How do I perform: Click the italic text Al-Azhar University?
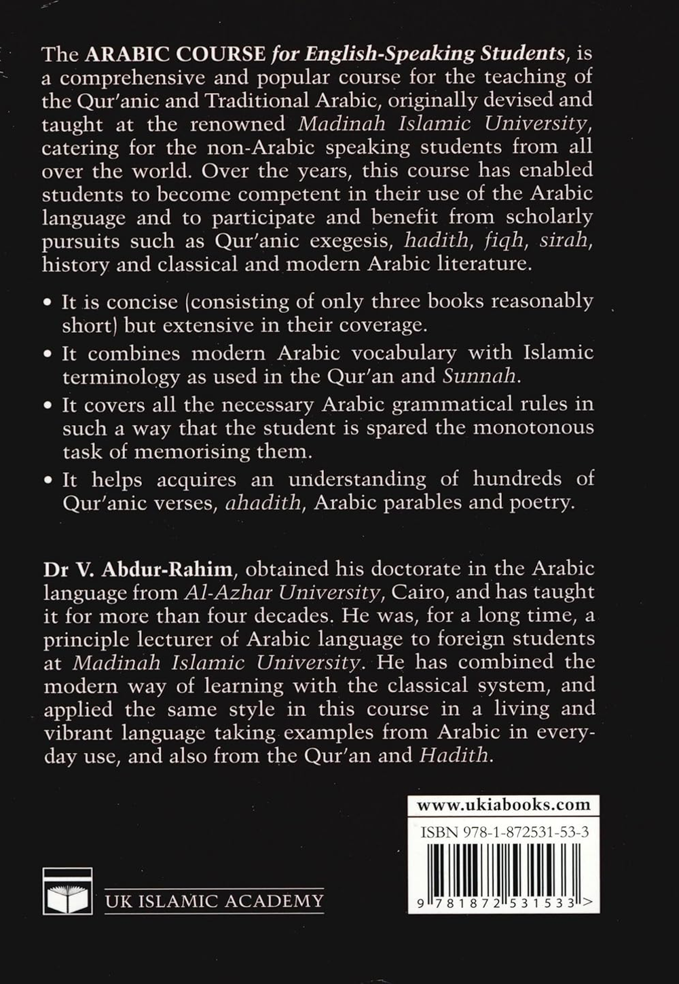pyautogui.click(x=281, y=592)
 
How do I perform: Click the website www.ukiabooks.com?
pyautogui.click(x=503, y=805)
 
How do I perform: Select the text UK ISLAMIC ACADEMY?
pyautogui.click(x=215, y=900)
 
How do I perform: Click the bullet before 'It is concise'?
pyautogui.click(x=48, y=302)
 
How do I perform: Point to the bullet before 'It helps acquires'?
pyautogui.click(x=48, y=481)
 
